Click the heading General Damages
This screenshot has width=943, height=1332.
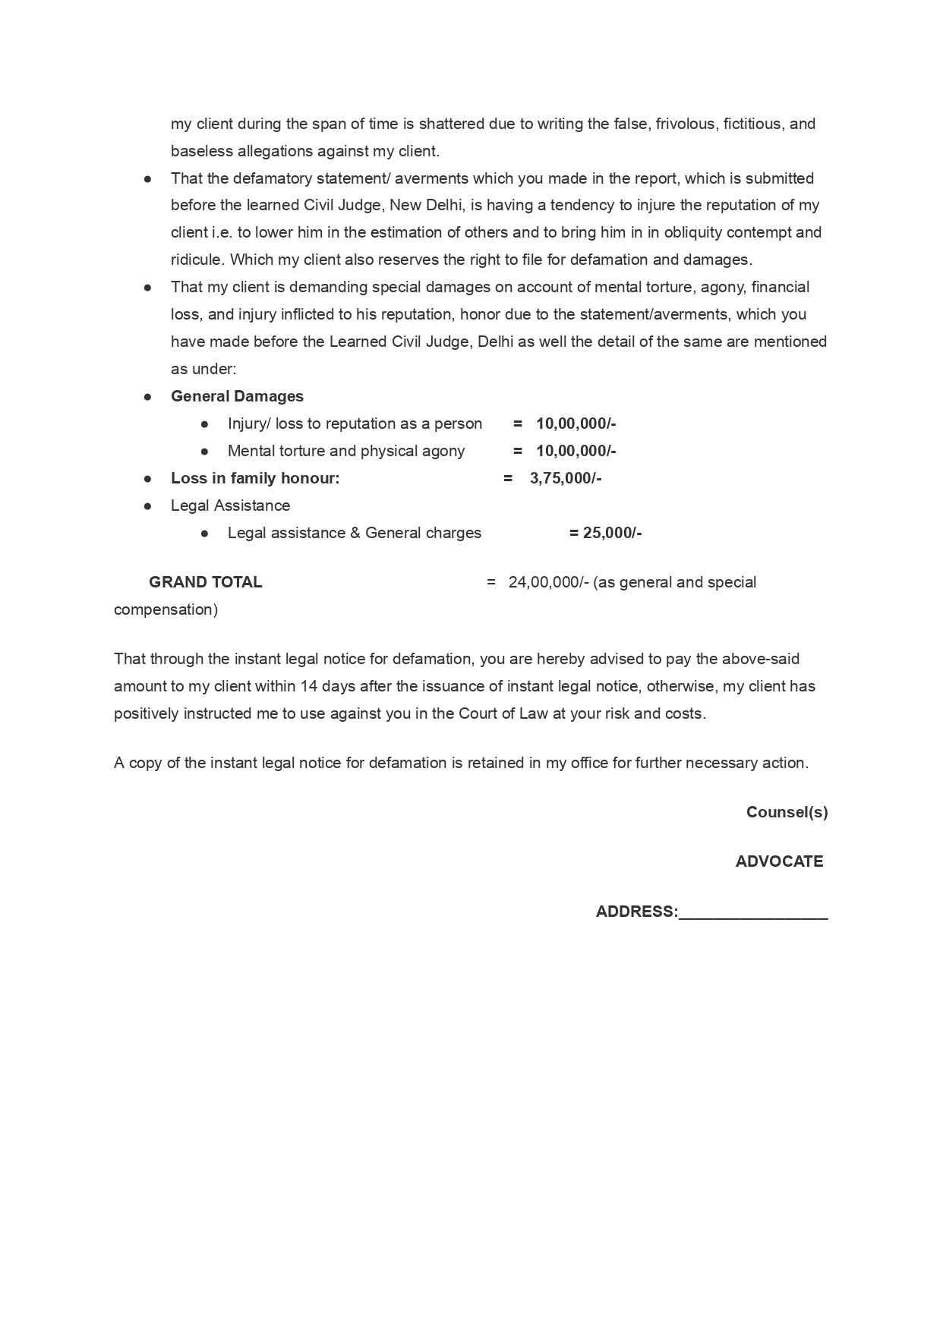tap(237, 396)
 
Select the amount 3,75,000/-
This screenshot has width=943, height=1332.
tap(565, 478)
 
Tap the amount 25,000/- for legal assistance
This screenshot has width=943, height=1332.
tap(612, 533)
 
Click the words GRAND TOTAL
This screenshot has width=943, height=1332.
tap(205, 582)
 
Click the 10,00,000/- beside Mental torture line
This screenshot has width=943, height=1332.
tap(576, 451)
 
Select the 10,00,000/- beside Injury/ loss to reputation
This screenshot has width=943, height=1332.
tap(576, 424)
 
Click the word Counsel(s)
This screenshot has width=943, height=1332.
tap(787, 812)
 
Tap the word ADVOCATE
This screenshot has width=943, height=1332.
tap(779, 861)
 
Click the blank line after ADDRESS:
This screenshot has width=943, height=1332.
tap(753, 913)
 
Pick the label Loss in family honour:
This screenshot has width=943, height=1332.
tap(255, 478)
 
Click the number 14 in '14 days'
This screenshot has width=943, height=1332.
tap(308, 686)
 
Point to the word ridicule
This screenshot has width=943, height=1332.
tap(197, 260)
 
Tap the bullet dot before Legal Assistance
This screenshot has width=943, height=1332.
tap(147, 505)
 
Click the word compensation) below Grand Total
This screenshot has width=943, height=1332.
tap(166, 609)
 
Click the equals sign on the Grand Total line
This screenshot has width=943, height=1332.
tap(491, 582)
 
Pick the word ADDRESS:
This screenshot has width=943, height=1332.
tap(636, 912)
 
